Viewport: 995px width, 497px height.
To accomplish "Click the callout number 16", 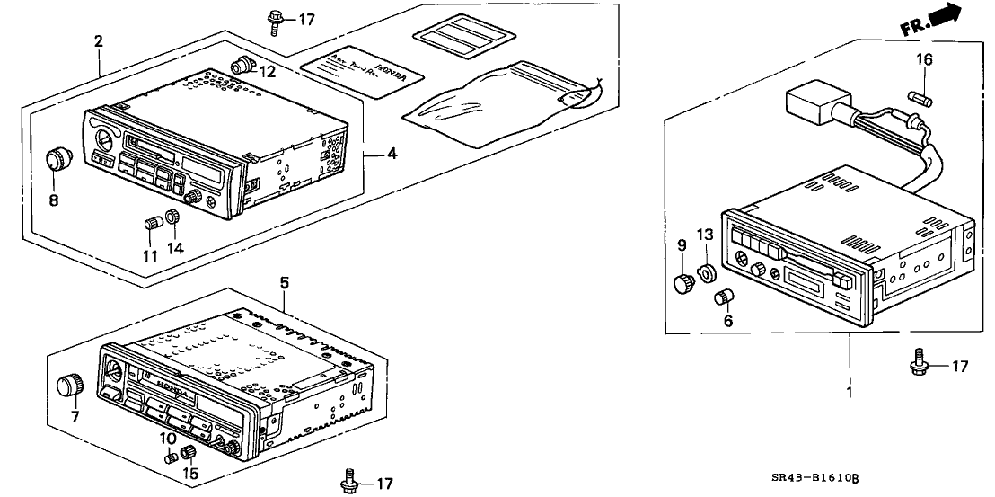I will [x=923, y=61].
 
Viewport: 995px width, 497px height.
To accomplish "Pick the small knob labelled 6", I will [x=722, y=297].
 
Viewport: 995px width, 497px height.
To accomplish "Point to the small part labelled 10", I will [x=170, y=457].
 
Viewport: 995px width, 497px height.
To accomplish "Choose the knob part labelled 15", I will [x=188, y=452].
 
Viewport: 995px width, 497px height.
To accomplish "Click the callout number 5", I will [x=284, y=282].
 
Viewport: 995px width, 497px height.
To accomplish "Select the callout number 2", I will [x=98, y=40].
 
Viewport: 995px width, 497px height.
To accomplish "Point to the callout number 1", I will [x=849, y=393].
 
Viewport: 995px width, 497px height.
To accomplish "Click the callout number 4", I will [x=392, y=154].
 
